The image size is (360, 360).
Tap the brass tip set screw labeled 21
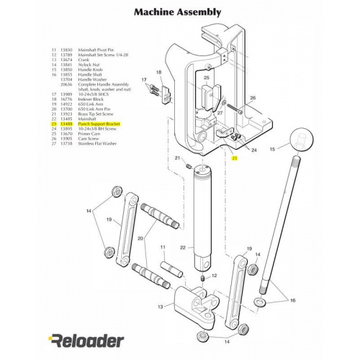[189, 166]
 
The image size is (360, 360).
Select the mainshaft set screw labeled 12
[204, 277]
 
